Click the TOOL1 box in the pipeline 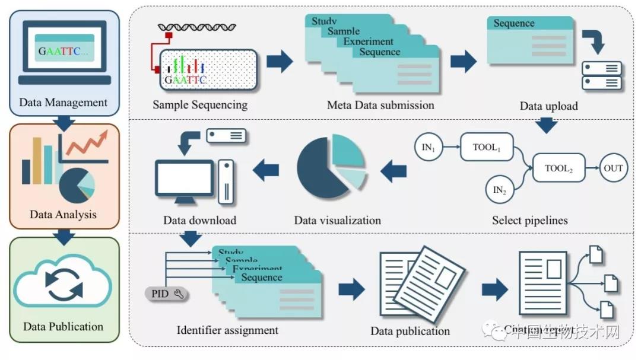486,146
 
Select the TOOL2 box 559,168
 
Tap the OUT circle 613,168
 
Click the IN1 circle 429,148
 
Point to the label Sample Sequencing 199,105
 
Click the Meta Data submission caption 380,105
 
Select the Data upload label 548,106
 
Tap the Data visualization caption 337,220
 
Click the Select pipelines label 529,220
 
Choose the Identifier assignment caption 227,329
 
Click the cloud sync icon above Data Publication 62,285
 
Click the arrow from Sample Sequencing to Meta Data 280,61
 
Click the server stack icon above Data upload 601,75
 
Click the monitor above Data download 184,177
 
